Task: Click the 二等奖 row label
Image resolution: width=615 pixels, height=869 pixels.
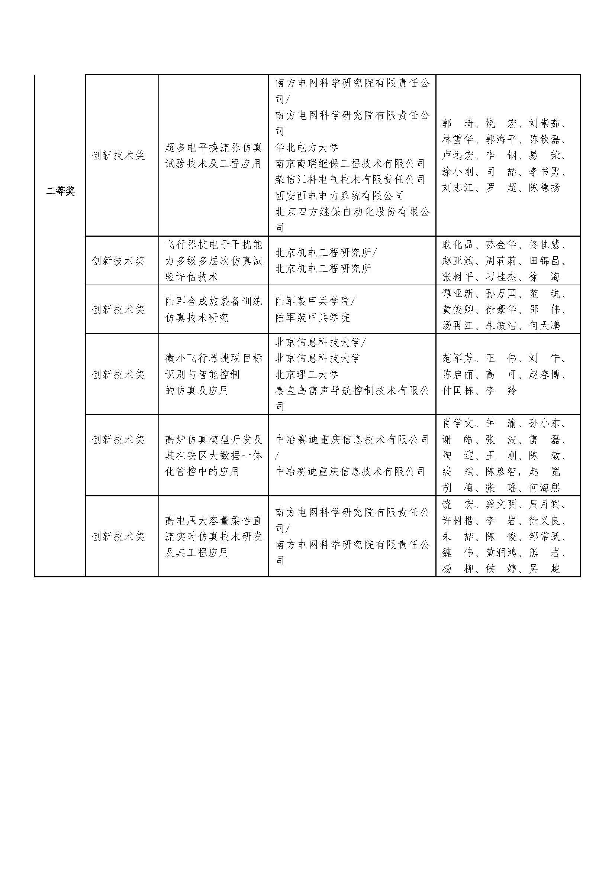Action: (61, 191)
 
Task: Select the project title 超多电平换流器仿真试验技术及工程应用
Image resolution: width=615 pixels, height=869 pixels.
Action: (213, 155)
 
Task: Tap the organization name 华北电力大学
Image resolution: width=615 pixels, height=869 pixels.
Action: (307, 147)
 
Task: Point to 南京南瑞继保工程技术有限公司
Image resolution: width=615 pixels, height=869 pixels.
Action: (350, 163)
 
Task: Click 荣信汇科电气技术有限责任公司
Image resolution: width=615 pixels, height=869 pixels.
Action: (350, 179)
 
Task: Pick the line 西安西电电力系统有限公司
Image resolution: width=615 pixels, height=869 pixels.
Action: (340, 196)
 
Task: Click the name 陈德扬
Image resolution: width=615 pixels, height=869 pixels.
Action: (545, 188)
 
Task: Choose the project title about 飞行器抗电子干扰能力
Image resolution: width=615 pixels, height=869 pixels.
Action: (213, 261)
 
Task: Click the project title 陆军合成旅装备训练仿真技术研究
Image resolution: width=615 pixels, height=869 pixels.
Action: (213, 309)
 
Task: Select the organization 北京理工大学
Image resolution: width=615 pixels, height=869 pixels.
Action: (307, 375)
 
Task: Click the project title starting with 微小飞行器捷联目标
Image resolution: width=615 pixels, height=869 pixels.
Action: (213, 374)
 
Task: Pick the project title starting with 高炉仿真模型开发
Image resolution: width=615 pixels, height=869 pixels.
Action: (213, 456)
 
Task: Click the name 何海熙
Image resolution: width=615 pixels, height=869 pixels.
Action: (545, 488)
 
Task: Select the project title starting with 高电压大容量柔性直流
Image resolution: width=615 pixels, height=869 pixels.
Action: (213, 537)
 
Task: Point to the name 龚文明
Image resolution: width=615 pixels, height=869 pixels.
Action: (501, 505)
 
